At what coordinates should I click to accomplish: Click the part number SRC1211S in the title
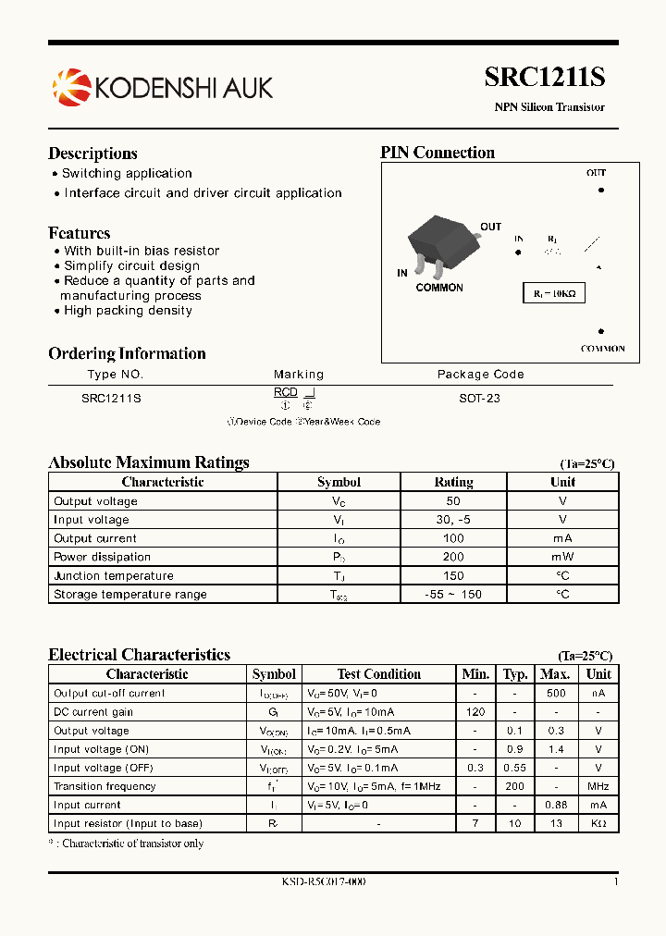pos(544,79)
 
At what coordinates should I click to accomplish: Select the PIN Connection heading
pos(438,153)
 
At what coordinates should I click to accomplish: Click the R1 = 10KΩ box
pos(553,293)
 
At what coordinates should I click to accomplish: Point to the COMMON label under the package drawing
pos(439,288)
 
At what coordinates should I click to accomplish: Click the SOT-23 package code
pos(480,398)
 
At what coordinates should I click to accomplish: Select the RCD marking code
pos(286,393)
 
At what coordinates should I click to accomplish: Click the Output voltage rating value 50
pos(453,501)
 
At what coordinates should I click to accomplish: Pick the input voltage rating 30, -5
pos(453,520)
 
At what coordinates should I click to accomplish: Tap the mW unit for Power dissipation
pos(562,557)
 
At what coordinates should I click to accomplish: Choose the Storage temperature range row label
pos(130,594)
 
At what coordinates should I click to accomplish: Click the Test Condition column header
pos(379,674)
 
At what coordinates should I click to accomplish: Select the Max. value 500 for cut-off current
pos(555,693)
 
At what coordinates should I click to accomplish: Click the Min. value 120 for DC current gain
pos(476,712)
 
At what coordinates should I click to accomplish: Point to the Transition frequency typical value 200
pos(514,786)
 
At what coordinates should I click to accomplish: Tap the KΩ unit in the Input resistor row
pos(598,823)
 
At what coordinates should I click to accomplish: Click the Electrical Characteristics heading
pos(139,655)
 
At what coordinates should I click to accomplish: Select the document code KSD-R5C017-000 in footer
pos(324,881)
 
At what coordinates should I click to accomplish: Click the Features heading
pos(80,233)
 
